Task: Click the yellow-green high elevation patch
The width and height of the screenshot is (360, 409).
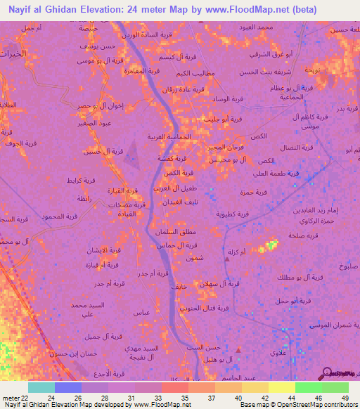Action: tap(269, 246)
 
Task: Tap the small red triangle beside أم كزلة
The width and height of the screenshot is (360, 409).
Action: tap(226, 259)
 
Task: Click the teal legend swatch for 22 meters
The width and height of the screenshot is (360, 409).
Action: tap(41, 387)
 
